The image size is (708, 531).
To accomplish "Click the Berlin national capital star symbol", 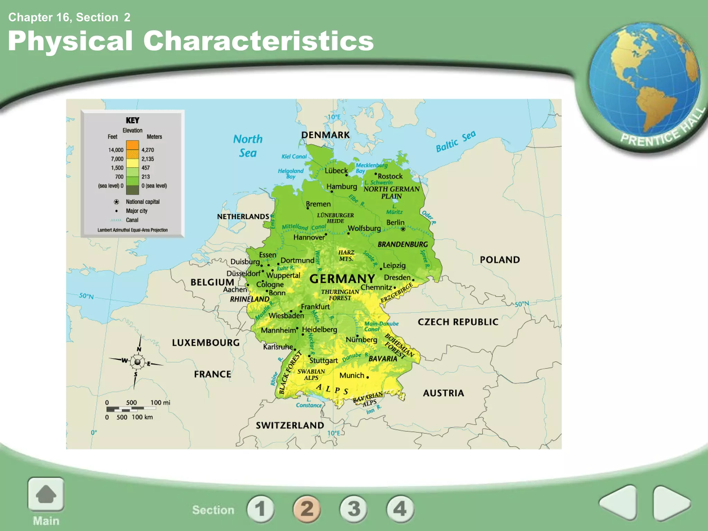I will (403, 229).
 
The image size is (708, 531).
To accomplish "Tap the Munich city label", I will (352, 375).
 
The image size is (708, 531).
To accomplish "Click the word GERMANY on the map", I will (342, 279).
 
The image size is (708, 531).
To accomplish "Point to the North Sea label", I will (248, 146).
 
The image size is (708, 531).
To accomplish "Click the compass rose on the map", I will (137, 362).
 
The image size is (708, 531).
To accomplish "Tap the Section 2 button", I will (307, 509).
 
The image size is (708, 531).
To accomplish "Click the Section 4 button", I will (400, 509).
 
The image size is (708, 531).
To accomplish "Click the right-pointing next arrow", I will (671, 503).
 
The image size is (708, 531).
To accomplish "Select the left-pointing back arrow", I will (619, 503).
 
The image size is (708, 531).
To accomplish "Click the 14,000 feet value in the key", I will (115, 150).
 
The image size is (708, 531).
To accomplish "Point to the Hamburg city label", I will (342, 187).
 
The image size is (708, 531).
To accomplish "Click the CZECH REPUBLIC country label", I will (458, 322).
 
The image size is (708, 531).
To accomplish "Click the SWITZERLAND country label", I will (290, 425).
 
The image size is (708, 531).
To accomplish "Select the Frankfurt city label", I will (315, 307).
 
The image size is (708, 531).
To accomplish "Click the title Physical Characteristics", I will (190, 41).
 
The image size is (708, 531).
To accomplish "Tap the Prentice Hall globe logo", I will (645, 86).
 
